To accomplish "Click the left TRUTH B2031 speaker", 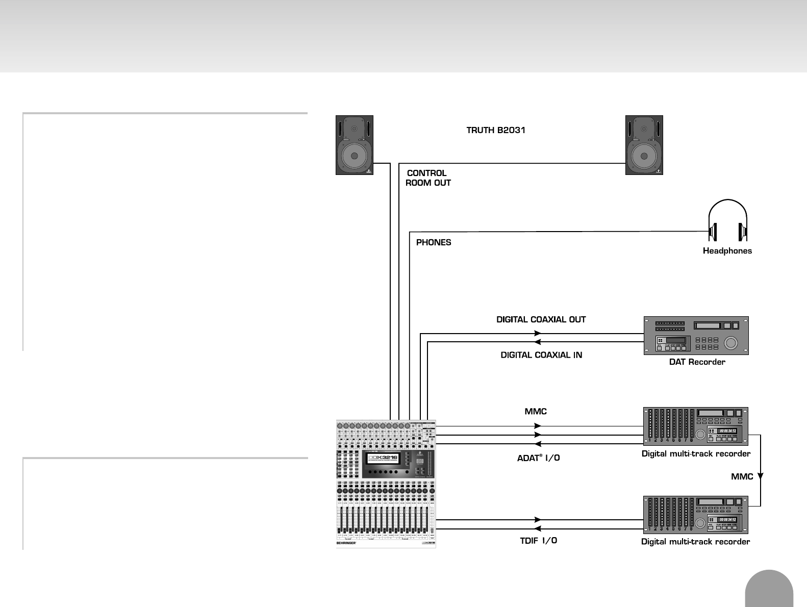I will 355,145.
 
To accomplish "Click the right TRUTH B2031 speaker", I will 644,145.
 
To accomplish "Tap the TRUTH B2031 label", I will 496,130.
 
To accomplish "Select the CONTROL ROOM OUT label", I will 428,178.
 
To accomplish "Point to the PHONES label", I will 434,242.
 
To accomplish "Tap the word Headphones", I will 727,250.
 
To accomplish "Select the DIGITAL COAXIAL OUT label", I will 541,320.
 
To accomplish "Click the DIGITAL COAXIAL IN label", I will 541,355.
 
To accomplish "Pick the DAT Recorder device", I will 696,335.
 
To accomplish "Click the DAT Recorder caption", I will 697,362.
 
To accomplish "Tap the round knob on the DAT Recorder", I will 731,343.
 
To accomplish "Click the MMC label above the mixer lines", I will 536,411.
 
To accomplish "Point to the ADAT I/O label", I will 538,458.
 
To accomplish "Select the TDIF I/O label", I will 538,541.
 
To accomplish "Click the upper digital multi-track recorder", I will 695,426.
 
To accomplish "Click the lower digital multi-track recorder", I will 695,515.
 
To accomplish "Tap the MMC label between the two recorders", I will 742,476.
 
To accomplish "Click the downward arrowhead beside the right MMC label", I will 760,476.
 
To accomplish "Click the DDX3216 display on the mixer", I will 383,458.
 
